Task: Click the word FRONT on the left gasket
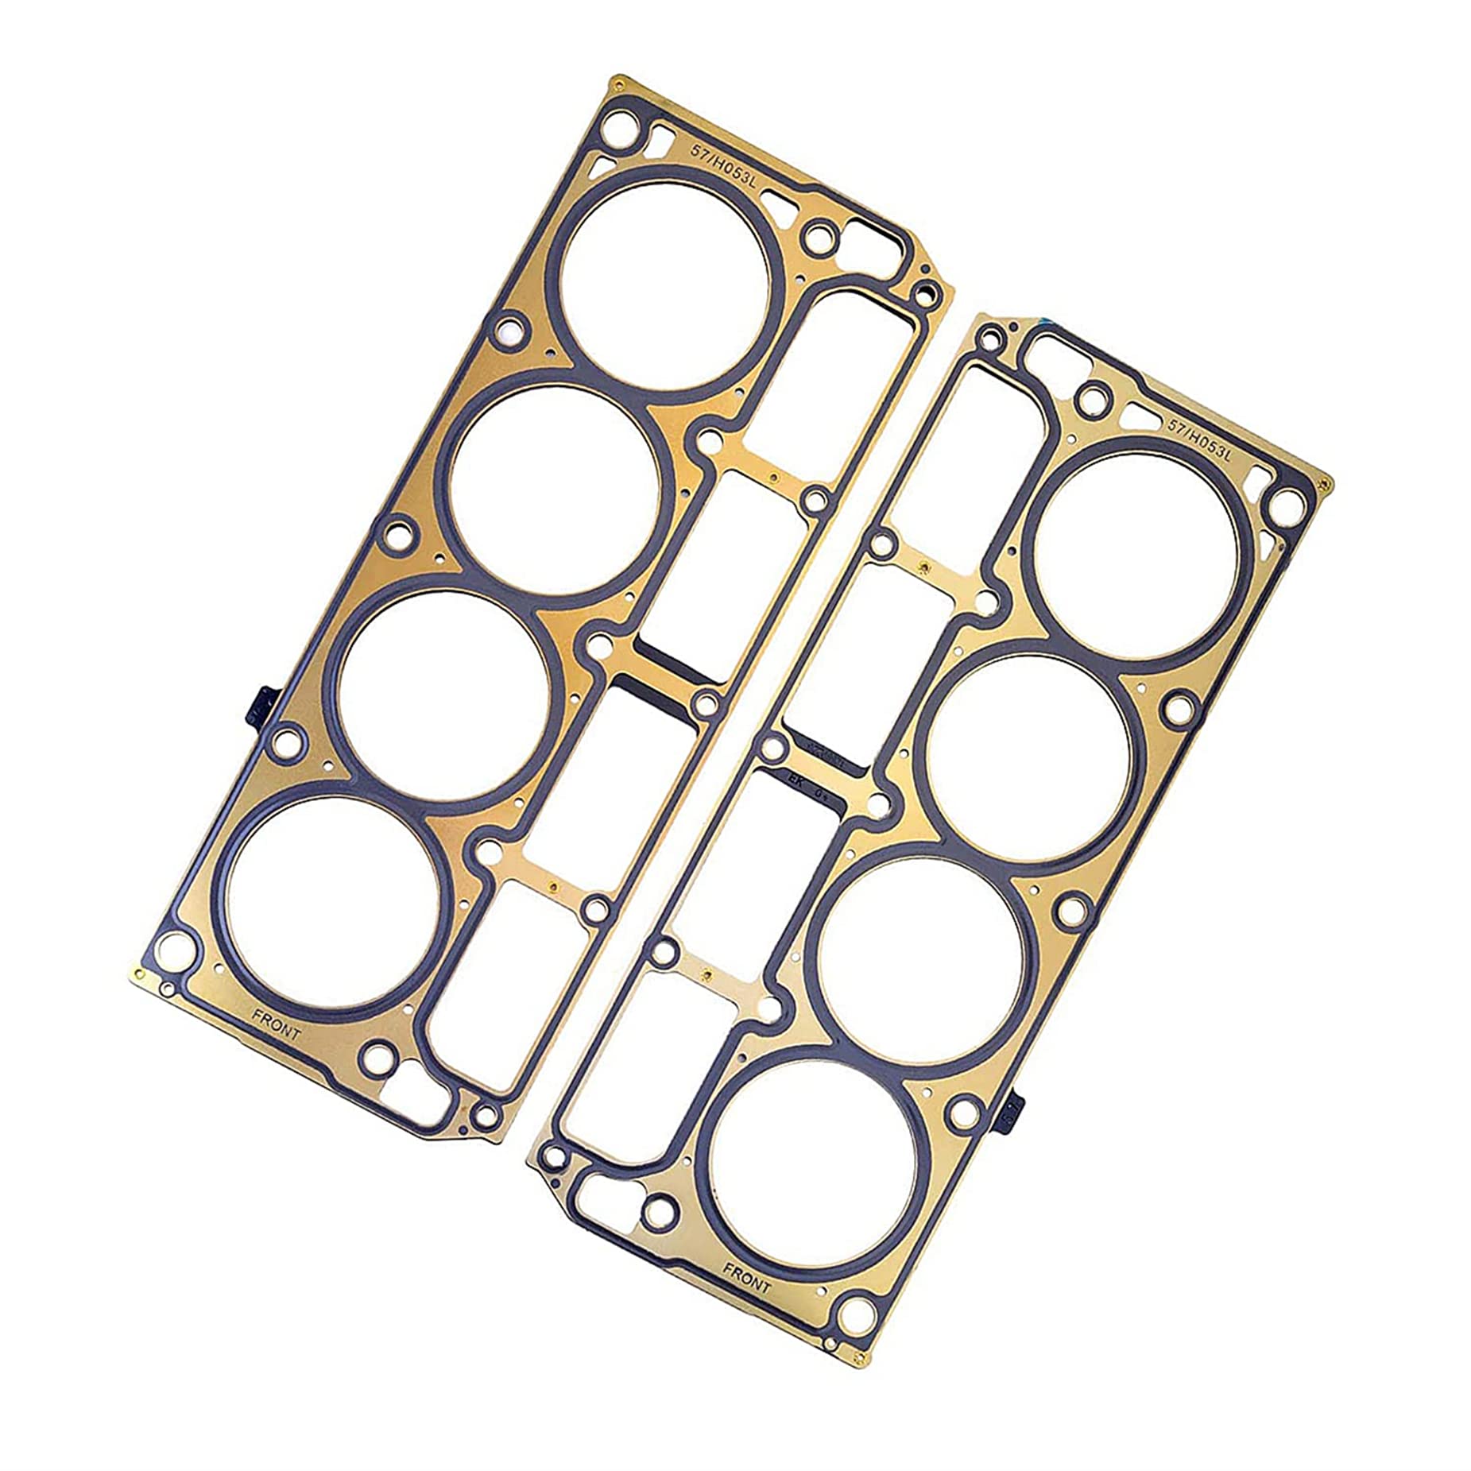[x=277, y=1025]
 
